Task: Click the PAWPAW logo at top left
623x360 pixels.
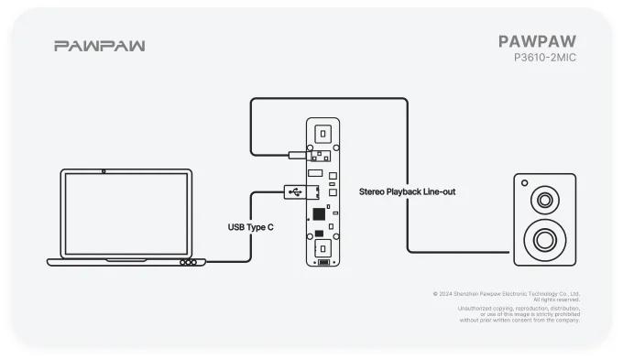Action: tap(99, 46)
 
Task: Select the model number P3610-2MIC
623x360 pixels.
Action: tap(545, 58)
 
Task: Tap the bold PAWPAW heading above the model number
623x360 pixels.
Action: tap(538, 41)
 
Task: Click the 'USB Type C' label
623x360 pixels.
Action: tap(251, 226)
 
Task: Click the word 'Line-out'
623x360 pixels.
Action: tap(437, 191)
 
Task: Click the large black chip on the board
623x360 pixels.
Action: tap(319, 213)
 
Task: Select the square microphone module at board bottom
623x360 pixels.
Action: tap(322, 248)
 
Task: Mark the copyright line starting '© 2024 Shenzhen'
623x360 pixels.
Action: tap(506, 294)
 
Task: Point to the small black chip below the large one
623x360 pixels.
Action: tap(320, 232)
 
